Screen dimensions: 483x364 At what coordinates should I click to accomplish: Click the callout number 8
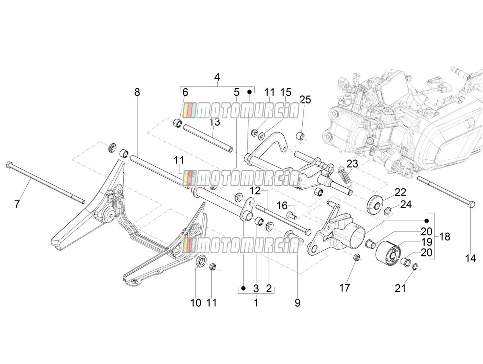click(x=137, y=92)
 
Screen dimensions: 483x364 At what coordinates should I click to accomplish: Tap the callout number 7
click(x=17, y=204)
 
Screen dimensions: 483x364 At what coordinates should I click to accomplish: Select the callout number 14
click(x=471, y=259)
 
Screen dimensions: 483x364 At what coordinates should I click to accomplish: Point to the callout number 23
click(x=353, y=164)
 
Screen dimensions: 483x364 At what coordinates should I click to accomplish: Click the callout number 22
click(x=400, y=192)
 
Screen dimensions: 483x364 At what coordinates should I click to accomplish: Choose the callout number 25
click(x=305, y=100)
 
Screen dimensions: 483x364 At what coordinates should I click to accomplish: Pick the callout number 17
click(x=345, y=287)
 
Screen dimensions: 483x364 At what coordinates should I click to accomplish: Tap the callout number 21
click(x=400, y=288)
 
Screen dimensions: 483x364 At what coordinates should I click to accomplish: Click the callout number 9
click(x=297, y=303)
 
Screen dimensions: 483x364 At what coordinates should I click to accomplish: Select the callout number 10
click(x=196, y=303)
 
